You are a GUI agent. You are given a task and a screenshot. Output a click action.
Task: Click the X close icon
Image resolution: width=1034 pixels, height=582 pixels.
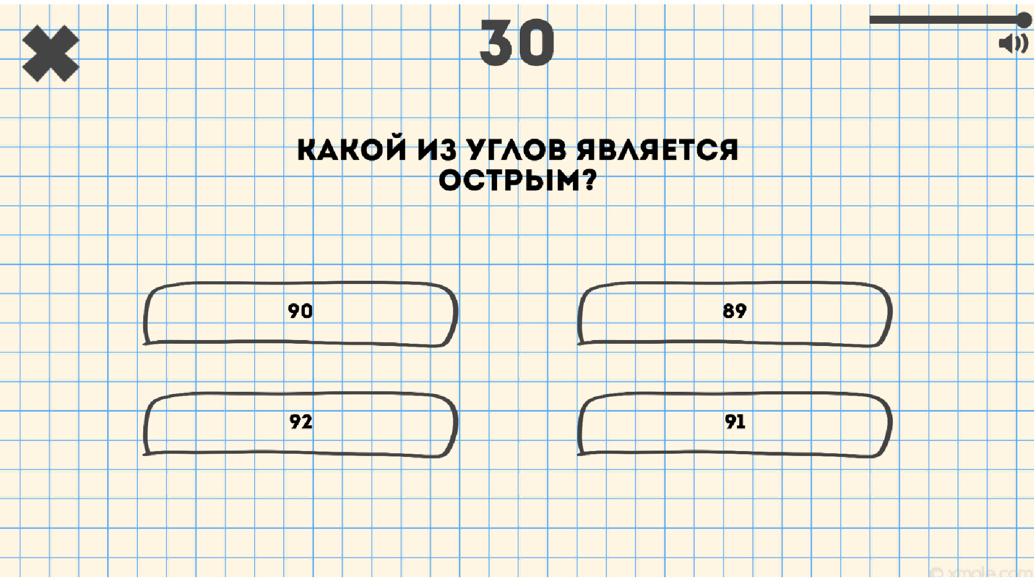[x=51, y=53]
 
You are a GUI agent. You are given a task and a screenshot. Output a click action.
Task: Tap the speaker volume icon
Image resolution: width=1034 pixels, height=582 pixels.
[x=1013, y=44]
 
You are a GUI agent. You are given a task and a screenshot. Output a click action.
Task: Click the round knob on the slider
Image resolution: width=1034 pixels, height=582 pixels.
[x=1024, y=20]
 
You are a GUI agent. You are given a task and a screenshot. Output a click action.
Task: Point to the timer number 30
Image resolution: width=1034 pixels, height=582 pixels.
[x=516, y=43]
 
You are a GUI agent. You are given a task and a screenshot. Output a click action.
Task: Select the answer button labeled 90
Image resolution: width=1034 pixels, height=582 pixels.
[x=300, y=314]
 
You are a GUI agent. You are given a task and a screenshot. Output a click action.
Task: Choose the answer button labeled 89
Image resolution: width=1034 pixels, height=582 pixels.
[x=735, y=314]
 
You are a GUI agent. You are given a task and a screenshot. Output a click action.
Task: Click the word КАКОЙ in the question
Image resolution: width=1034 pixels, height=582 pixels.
[x=352, y=150]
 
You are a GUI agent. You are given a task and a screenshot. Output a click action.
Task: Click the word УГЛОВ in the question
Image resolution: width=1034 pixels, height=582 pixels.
[x=516, y=150]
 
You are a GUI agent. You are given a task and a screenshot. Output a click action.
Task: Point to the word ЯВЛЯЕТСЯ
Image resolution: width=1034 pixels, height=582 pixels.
[x=657, y=150]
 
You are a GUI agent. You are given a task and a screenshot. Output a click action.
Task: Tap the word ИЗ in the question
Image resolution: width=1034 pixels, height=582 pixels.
[x=437, y=150]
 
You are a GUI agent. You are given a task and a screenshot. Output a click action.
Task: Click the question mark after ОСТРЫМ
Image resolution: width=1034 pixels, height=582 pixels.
[x=590, y=181]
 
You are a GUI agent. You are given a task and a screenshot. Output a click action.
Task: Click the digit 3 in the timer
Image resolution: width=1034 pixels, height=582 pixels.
[x=496, y=43]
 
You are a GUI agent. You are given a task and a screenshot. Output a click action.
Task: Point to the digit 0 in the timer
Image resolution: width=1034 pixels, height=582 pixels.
[x=535, y=43]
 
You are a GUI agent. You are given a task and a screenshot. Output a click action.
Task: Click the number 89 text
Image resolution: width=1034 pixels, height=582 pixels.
[x=735, y=311]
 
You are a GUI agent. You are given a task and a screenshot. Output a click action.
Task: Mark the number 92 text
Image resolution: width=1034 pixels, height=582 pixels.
[x=301, y=421]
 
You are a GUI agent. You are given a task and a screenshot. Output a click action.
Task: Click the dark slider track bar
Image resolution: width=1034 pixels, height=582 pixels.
[x=942, y=20]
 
